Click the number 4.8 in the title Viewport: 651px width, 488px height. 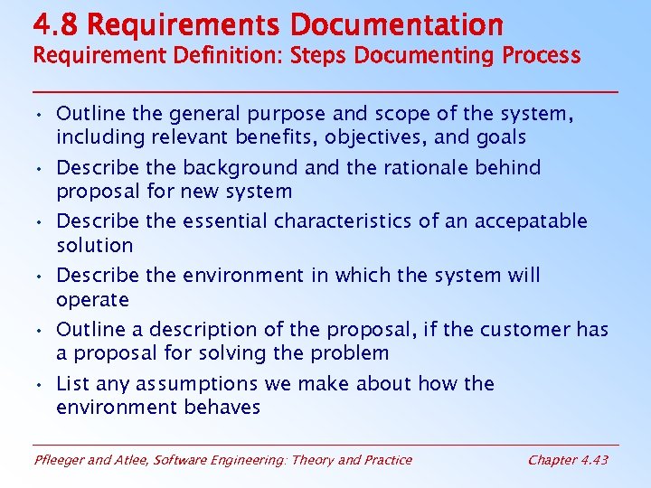[x=53, y=23]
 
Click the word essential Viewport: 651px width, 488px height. [x=226, y=221]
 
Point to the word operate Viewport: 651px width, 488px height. [x=92, y=299]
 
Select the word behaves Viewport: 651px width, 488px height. [x=222, y=408]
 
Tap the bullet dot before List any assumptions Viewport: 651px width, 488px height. [x=41, y=385]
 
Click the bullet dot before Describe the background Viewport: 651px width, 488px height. [x=41, y=168]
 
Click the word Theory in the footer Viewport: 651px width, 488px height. [x=313, y=460]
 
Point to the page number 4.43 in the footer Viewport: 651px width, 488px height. [x=592, y=460]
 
